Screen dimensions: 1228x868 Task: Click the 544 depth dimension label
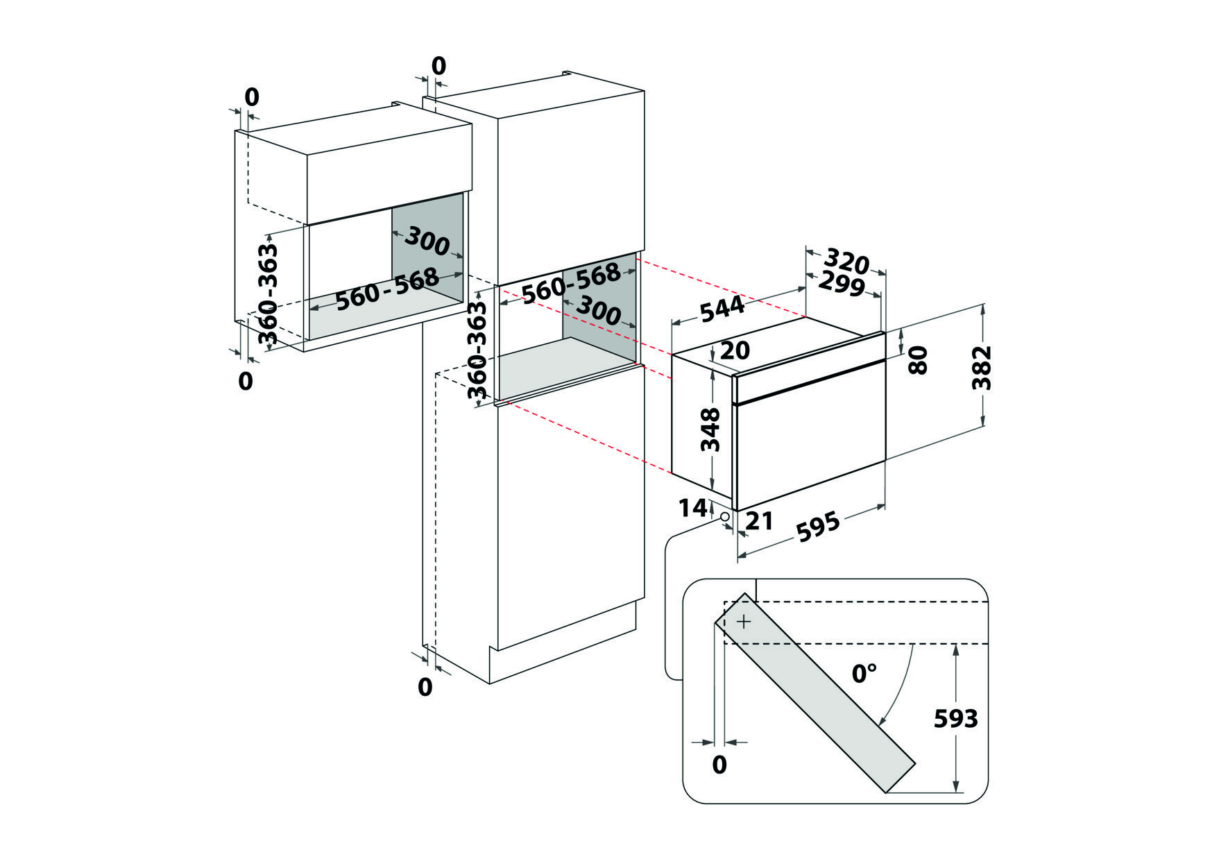pos(722,309)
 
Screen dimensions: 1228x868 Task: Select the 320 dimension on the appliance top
pos(846,262)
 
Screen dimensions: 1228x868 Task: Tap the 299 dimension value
pos(842,284)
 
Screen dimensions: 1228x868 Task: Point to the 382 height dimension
pos(982,367)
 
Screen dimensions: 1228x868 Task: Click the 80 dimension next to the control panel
pos(917,359)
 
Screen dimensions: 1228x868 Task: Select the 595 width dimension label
pos(817,527)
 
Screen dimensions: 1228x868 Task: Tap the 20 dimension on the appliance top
pos(735,350)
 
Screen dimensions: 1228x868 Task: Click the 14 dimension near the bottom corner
pos(692,509)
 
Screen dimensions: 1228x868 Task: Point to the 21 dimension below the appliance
pos(758,520)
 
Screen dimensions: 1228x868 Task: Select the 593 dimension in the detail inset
pos(955,719)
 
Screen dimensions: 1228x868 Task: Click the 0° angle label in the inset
pos(864,672)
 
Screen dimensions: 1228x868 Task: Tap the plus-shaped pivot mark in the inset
pos(743,622)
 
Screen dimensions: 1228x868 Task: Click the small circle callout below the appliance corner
pos(725,516)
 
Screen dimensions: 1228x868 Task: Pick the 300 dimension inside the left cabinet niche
pos(427,240)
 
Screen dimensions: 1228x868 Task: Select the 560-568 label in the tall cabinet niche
pos(571,282)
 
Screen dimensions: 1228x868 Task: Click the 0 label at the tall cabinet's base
pos(425,687)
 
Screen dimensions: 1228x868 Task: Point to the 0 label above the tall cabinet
pos(438,66)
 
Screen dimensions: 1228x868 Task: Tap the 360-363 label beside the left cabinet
pos(268,294)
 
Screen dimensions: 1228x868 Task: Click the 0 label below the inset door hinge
pos(719,765)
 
